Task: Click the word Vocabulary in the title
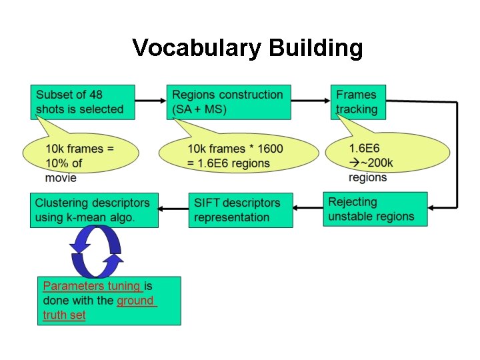coord(197,49)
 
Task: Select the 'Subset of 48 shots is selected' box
coord(83,102)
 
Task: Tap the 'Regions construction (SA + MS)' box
coord(230,102)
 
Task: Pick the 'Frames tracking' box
coord(358,102)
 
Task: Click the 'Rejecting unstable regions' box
coord(375,209)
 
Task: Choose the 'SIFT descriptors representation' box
coord(240,210)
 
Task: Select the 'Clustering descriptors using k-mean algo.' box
coord(94,210)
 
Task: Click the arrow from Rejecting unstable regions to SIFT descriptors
coord(308,208)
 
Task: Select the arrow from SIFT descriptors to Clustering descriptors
coord(173,208)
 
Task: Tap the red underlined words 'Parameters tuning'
coord(92,286)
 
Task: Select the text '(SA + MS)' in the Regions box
coord(199,109)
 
